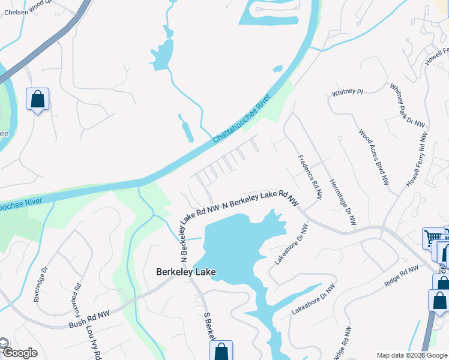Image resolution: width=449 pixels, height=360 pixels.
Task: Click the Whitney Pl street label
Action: (348, 92)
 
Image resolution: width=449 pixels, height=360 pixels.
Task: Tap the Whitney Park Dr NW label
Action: (408, 105)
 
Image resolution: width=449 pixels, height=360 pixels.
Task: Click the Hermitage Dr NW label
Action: (343, 202)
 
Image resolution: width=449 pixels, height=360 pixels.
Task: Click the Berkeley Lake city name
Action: (185, 272)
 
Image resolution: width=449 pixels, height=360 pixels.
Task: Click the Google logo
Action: (19, 353)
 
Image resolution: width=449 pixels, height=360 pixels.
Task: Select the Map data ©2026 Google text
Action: (411, 355)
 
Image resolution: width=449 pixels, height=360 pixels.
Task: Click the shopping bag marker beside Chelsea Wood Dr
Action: (37, 100)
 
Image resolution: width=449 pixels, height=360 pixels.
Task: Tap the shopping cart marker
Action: (433, 238)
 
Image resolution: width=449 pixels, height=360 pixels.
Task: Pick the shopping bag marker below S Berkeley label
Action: (221, 352)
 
